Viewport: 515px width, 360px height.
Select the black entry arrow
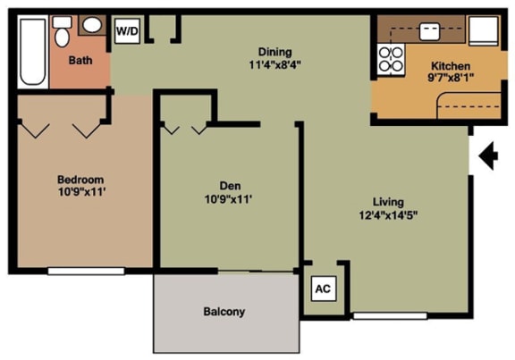[487, 158]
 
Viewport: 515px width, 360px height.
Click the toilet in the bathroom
[62, 34]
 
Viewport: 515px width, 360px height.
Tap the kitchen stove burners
[392, 58]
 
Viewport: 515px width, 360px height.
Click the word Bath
[80, 62]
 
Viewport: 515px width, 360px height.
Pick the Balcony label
[224, 312]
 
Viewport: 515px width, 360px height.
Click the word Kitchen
[452, 65]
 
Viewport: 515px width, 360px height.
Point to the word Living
[389, 201]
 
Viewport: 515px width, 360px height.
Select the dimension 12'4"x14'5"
[389, 214]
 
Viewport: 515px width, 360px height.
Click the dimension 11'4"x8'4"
[275, 64]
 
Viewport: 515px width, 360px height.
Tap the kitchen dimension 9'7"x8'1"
[452, 78]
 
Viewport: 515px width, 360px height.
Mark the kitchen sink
[430, 31]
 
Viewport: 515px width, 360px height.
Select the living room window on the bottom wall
[376, 315]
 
